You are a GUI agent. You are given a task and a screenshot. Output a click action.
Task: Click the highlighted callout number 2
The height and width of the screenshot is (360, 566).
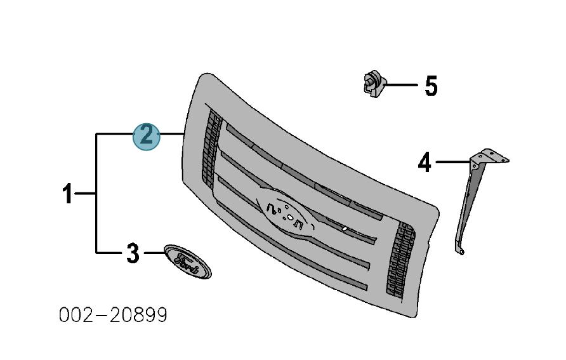(146, 137)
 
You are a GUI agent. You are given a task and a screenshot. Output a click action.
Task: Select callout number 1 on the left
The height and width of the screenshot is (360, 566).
(67, 193)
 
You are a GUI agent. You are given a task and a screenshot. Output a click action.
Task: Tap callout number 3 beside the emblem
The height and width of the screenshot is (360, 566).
(133, 253)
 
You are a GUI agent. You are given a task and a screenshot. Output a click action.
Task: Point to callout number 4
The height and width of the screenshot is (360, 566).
(425, 162)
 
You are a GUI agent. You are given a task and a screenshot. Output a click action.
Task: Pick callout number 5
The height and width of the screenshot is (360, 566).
(431, 86)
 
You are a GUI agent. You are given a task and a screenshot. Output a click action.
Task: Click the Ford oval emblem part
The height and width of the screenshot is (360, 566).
(188, 262)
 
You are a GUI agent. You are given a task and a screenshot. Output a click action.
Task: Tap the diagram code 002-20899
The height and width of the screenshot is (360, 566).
(113, 315)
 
